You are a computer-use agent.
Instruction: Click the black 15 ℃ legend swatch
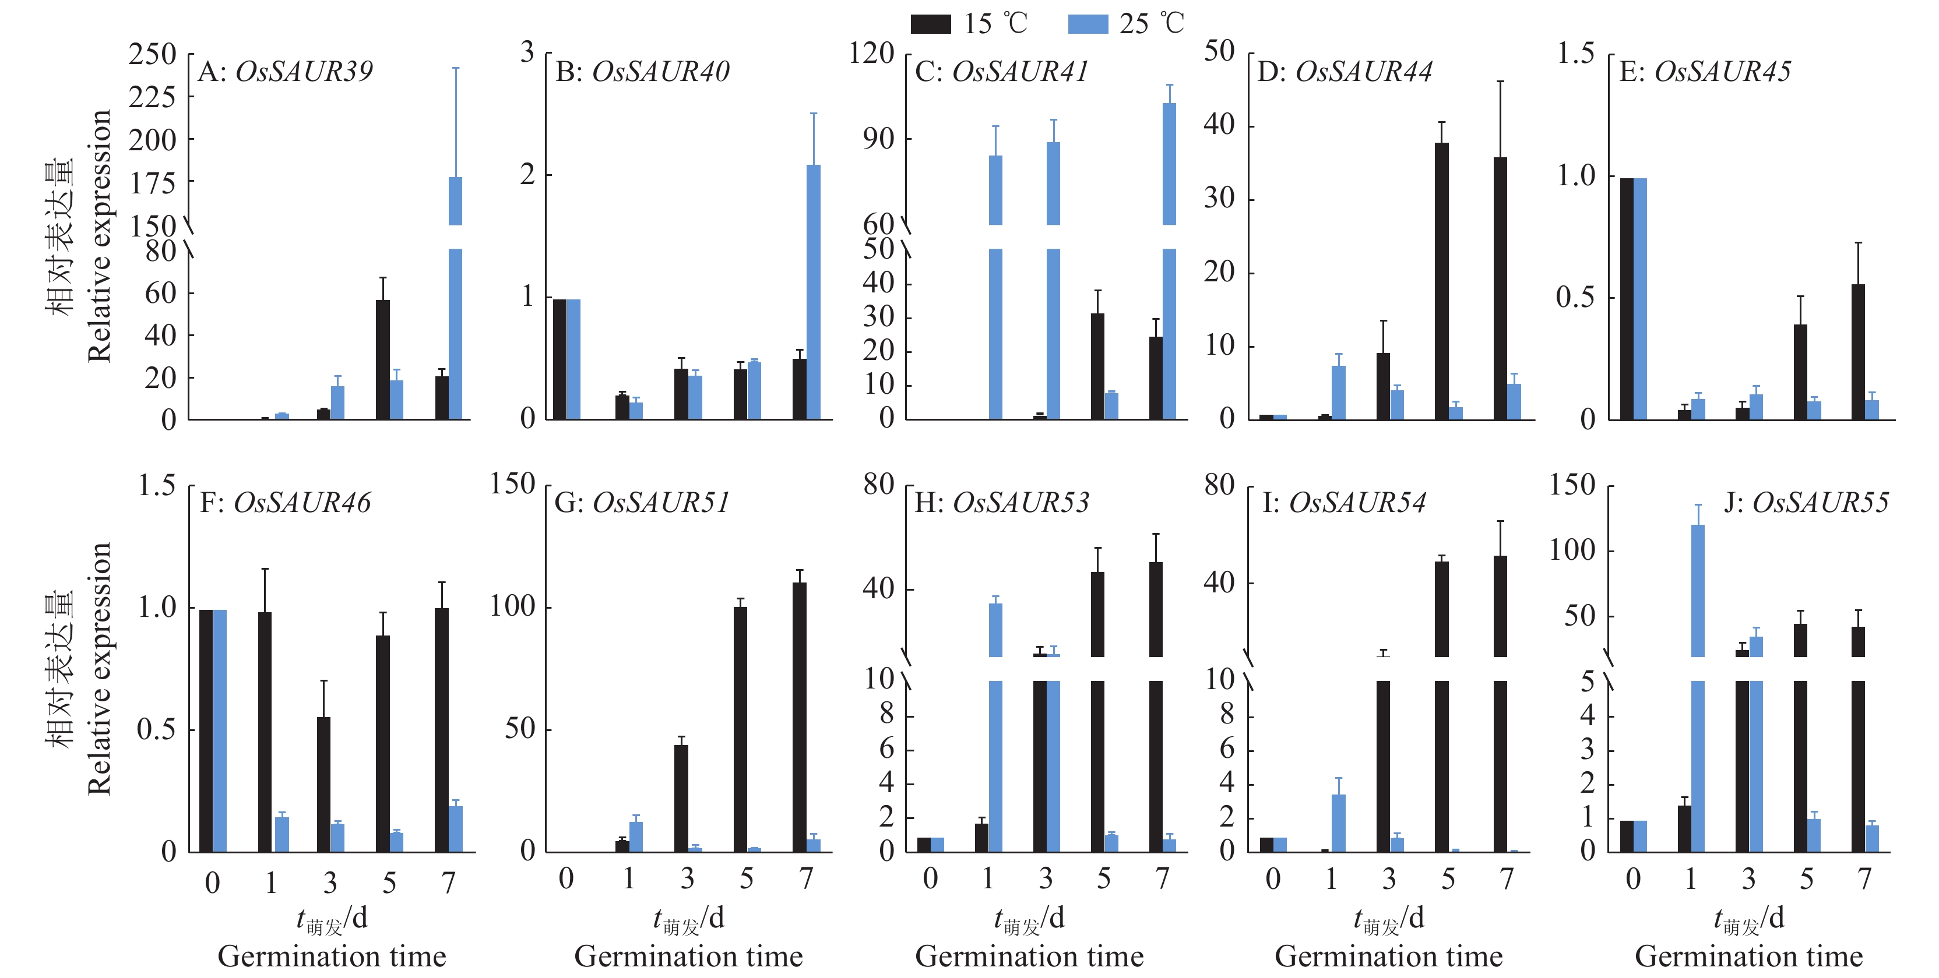(x=930, y=24)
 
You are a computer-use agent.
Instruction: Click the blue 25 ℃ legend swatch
(x=1088, y=24)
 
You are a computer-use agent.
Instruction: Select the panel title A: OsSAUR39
(x=285, y=72)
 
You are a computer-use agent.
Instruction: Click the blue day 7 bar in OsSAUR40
(x=813, y=292)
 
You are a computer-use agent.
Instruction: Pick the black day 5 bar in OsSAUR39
(x=382, y=359)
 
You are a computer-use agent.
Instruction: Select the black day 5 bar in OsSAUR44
(x=1441, y=281)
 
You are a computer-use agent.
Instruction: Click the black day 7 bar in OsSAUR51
(x=800, y=717)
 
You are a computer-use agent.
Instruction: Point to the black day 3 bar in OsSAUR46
(x=323, y=784)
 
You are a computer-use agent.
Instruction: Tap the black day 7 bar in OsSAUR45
(x=1858, y=351)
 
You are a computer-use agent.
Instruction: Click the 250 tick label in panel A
(x=152, y=54)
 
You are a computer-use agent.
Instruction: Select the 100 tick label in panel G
(x=513, y=606)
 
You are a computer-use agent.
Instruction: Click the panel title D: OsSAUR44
(x=1345, y=72)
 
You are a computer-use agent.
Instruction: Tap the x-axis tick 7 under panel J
(x=1864, y=878)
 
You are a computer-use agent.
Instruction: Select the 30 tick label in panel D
(x=1219, y=198)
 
